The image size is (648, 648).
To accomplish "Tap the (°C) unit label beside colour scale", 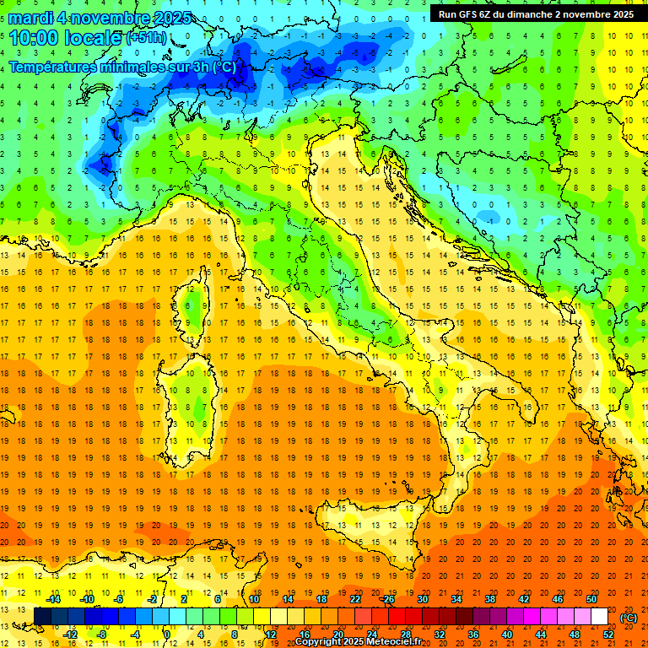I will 628,618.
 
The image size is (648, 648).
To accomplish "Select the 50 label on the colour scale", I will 591,599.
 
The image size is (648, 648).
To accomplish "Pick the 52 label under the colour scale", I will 608,634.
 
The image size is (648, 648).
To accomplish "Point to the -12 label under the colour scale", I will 70,634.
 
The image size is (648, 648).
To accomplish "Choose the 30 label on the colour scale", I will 422,599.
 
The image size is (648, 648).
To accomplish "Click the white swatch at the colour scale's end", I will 600,617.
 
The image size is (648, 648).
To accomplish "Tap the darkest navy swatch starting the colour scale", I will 42,617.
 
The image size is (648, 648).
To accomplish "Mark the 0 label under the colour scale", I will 167,634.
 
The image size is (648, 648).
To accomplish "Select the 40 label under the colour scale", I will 507,634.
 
